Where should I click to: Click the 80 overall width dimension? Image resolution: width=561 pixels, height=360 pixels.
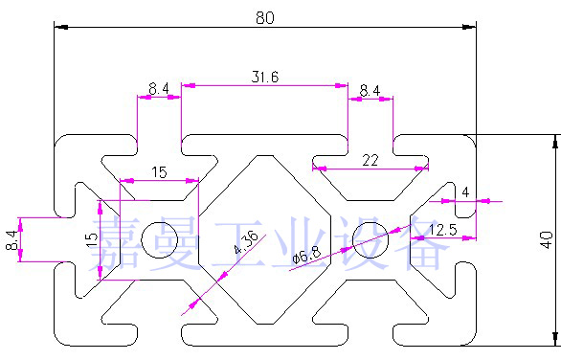pos(265,17)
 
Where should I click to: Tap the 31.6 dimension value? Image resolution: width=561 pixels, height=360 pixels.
pos(265,77)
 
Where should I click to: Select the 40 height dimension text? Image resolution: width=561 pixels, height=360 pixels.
pos(547,239)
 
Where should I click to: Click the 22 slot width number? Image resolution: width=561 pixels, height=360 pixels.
pos(370,160)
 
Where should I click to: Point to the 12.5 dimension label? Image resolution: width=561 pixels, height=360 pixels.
pos(443,230)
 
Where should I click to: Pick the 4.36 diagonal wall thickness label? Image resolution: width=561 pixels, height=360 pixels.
pos(246,242)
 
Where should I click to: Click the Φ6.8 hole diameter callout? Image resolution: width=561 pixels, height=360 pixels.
pos(306,255)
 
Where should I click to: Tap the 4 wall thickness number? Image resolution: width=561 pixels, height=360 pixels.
pos(465,192)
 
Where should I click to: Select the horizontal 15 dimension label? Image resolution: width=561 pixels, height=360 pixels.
pos(159,172)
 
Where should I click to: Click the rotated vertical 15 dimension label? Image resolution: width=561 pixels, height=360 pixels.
pos(92,239)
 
